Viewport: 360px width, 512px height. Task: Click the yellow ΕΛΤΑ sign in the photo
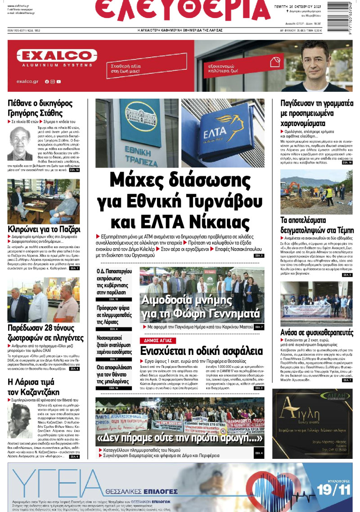pyautogui.click(x=222, y=135)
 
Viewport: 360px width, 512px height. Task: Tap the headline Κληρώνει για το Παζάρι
pyautogui.click(x=44, y=229)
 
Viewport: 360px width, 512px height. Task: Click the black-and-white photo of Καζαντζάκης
pyautogui.click(x=19, y=421)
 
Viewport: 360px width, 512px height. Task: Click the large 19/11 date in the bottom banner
pyautogui.click(x=331, y=488)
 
